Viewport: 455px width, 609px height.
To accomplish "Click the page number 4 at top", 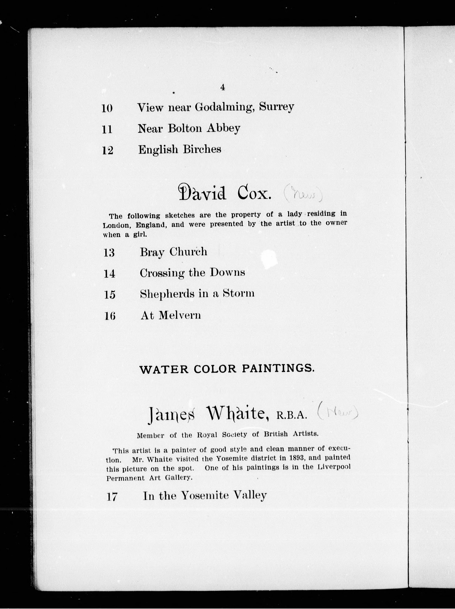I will (x=223, y=88).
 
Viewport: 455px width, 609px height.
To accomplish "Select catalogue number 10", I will (x=107, y=108).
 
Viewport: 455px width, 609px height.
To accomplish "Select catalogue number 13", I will (x=109, y=253).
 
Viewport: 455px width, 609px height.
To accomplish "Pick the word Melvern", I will (x=180, y=315).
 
